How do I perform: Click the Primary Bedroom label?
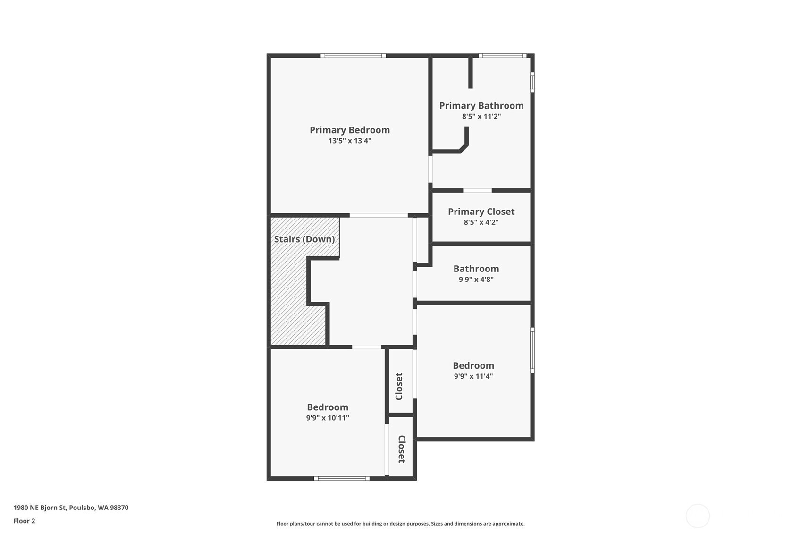pos(350,130)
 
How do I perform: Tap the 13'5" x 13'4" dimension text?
pos(350,141)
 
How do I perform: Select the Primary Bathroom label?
pos(481,105)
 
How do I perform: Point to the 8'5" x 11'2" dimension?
pos(481,116)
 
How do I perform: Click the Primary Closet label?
pos(481,212)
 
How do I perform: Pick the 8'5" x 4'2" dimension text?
pos(481,222)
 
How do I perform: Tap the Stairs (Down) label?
pos(304,239)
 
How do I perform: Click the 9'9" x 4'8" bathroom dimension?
pos(476,280)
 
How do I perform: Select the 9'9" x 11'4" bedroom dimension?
pos(473,376)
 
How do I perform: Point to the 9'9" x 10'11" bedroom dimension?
pos(328,418)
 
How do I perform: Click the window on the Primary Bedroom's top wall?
pos(353,55)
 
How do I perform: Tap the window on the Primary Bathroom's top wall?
pos(502,55)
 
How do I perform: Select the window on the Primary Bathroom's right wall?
pos(532,82)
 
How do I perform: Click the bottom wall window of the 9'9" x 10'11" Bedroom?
pos(341,478)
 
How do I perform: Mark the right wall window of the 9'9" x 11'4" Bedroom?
pos(532,350)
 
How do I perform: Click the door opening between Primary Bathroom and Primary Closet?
pos(477,190)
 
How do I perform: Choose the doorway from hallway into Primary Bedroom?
pos(379,215)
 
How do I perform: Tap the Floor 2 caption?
pos(25,521)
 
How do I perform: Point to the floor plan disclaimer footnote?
pos(400,524)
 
